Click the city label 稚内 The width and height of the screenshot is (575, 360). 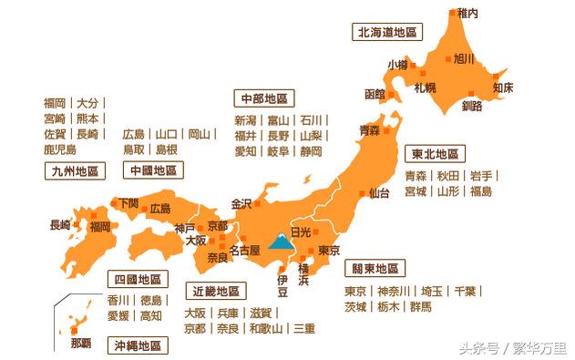[x=467, y=14]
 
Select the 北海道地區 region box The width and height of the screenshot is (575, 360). [x=385, y=32]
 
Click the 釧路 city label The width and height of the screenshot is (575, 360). [x=472, y=106]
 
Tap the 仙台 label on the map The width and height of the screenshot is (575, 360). [x=379, y=193]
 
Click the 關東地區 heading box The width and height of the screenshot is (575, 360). [x=371, y=269]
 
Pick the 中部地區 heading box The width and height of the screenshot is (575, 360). [x=263, y=98]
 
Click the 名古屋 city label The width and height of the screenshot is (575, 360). [x=244, y=249]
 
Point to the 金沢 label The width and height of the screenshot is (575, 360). [x=242, y=203]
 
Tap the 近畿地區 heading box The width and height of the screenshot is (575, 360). [x=215, y=292]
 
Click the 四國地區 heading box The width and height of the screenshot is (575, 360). [x=135, y=278]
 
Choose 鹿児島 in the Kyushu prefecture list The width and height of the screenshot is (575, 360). [x=60, y=149]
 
